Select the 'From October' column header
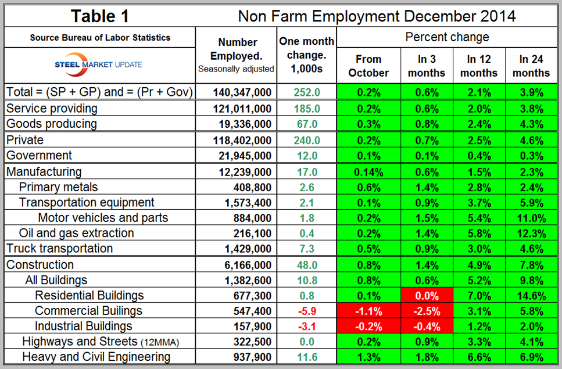[368, 66]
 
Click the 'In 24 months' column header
[531, 66]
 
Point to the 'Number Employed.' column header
[237, 49]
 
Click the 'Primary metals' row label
[59, 187]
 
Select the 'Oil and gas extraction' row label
[77, 233]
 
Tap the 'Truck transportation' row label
[59, 248]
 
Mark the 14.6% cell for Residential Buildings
[531, 295]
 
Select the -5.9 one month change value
[306, 311]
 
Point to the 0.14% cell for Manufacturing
[368, 172]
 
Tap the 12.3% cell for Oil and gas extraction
[531, 233]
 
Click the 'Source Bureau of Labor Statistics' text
[101, 37]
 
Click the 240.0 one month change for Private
[306, 140]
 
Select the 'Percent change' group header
[447, 37]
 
